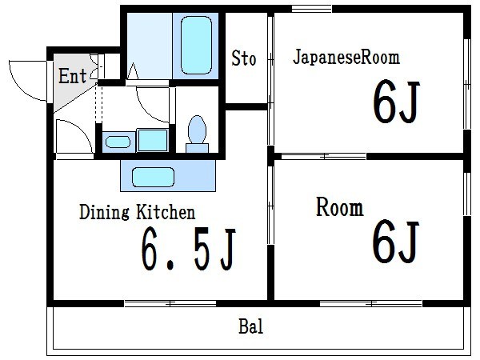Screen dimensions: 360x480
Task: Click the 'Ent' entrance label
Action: [x=72, y=77]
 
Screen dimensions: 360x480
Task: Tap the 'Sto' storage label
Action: [x=244, y=58]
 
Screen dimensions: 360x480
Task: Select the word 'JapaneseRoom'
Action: [x=346, y=58]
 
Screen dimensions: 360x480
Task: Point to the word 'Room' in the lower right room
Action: [x=339, y=209]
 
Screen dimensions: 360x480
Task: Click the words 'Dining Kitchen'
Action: [x=137, y=213]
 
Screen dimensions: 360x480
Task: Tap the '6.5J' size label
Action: [x=188, y=250]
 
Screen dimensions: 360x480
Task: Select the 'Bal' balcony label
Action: [x=251, y=327]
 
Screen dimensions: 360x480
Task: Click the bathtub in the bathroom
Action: [x=196, y=44]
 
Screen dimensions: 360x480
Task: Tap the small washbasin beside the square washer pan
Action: [x=118, y=142]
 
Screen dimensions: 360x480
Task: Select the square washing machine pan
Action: [x=150, y=140]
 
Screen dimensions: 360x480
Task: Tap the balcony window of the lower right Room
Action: [x=370, y=302]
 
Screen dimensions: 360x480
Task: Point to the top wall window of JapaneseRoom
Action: [x=312, y=9]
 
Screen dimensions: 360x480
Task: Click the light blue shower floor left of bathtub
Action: [x=149, y=44]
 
